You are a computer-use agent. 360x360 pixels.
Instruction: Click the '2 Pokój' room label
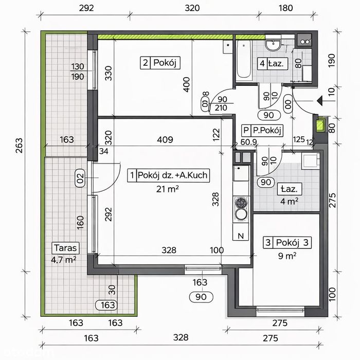160,63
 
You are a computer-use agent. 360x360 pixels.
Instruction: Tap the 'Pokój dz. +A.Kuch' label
173,175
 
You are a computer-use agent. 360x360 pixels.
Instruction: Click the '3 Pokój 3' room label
287,242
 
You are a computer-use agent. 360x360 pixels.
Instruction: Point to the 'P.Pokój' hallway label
267,131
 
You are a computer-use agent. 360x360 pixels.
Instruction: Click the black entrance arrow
319,101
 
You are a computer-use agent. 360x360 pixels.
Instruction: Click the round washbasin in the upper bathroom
273,45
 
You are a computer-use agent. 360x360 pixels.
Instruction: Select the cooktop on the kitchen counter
241,208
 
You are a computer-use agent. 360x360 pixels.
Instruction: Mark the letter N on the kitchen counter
241,236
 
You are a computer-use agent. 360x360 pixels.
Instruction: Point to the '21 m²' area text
167,189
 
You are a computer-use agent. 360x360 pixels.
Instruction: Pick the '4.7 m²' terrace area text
64,260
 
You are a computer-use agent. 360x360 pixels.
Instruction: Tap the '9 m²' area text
287,256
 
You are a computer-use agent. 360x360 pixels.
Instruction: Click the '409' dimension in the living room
165,139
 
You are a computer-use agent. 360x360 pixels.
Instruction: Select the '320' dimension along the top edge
192,8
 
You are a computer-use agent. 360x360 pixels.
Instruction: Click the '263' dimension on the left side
19,146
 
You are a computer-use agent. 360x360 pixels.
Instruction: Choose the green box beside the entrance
320,125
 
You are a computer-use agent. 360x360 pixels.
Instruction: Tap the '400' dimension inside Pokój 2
187,85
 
